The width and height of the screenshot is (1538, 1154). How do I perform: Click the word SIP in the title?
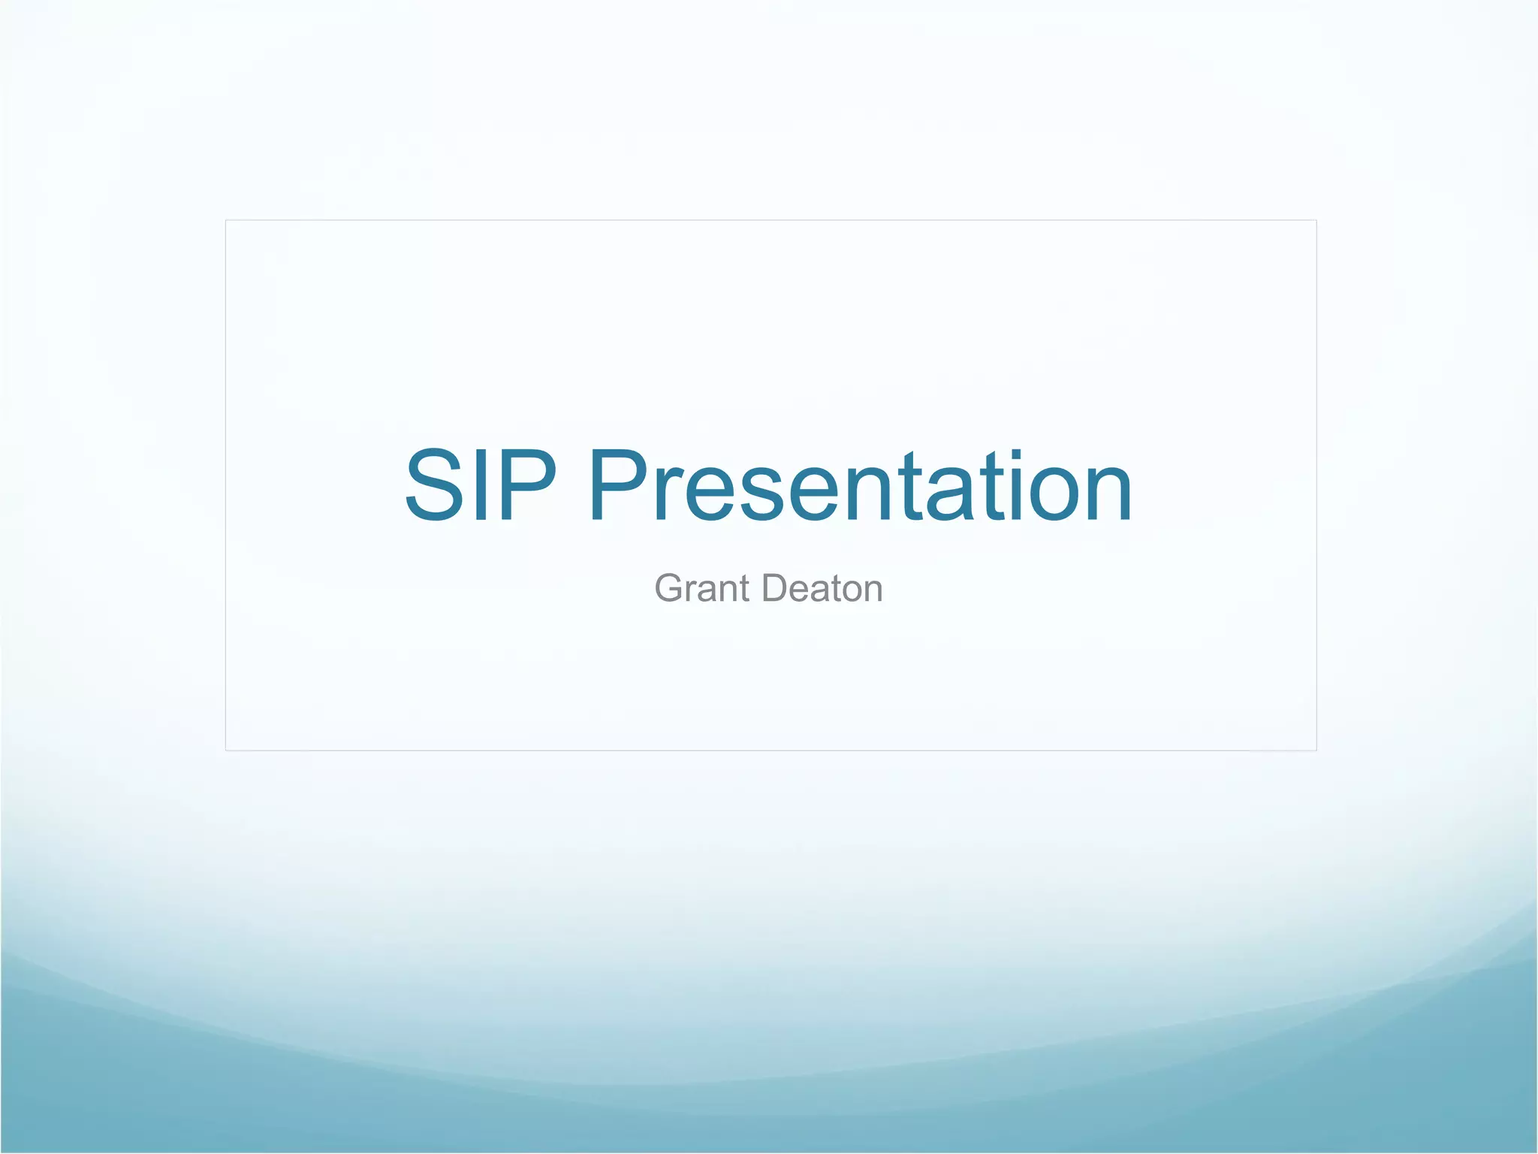[481, 485]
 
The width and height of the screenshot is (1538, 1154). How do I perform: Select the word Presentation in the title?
[860, 485]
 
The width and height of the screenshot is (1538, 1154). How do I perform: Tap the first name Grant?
[702, 588]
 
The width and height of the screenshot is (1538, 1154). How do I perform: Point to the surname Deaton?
[822, 588]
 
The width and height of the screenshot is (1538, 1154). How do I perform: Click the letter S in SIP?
[434, 485]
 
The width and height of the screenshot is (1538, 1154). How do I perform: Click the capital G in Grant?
[670, 588]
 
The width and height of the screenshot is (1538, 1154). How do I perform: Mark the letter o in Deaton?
[849, 591]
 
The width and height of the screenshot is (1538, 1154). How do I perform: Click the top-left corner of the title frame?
[226, 220]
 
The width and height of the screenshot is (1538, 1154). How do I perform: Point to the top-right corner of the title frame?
[1316, 220]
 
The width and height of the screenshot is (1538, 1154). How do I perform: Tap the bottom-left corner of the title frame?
[226, 750]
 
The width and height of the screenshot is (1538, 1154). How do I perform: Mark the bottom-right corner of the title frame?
[1316, 750]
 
